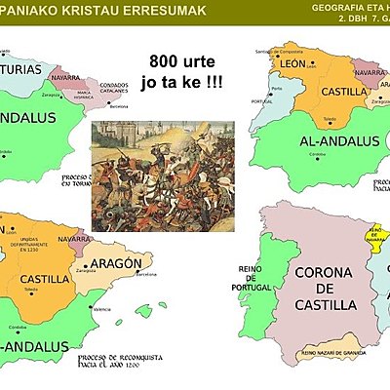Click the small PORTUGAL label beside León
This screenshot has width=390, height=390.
click(x=260, y=101)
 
